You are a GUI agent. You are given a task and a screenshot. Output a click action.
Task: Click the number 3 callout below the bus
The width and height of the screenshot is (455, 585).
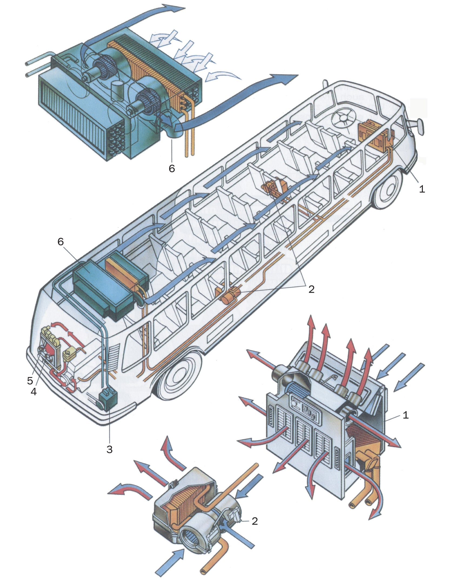[x=109, y=449]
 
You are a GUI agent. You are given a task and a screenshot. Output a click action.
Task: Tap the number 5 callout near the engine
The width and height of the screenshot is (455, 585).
[x=30, y=381]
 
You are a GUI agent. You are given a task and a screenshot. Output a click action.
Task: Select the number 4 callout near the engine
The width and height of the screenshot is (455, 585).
[x=34, y=391]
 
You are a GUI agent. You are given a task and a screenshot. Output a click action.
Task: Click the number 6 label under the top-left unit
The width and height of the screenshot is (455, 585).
[x=172, y=168]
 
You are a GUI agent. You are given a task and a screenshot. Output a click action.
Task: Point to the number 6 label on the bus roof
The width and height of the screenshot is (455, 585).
[x=61, y=241]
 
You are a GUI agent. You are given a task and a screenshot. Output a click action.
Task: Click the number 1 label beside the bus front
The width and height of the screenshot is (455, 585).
[x=422, y=189]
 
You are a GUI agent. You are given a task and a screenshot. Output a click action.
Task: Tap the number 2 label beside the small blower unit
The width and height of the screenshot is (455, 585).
[x=255, y=521]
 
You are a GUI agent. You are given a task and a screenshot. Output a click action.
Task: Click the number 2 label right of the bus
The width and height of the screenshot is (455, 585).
[x=311, y=289]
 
